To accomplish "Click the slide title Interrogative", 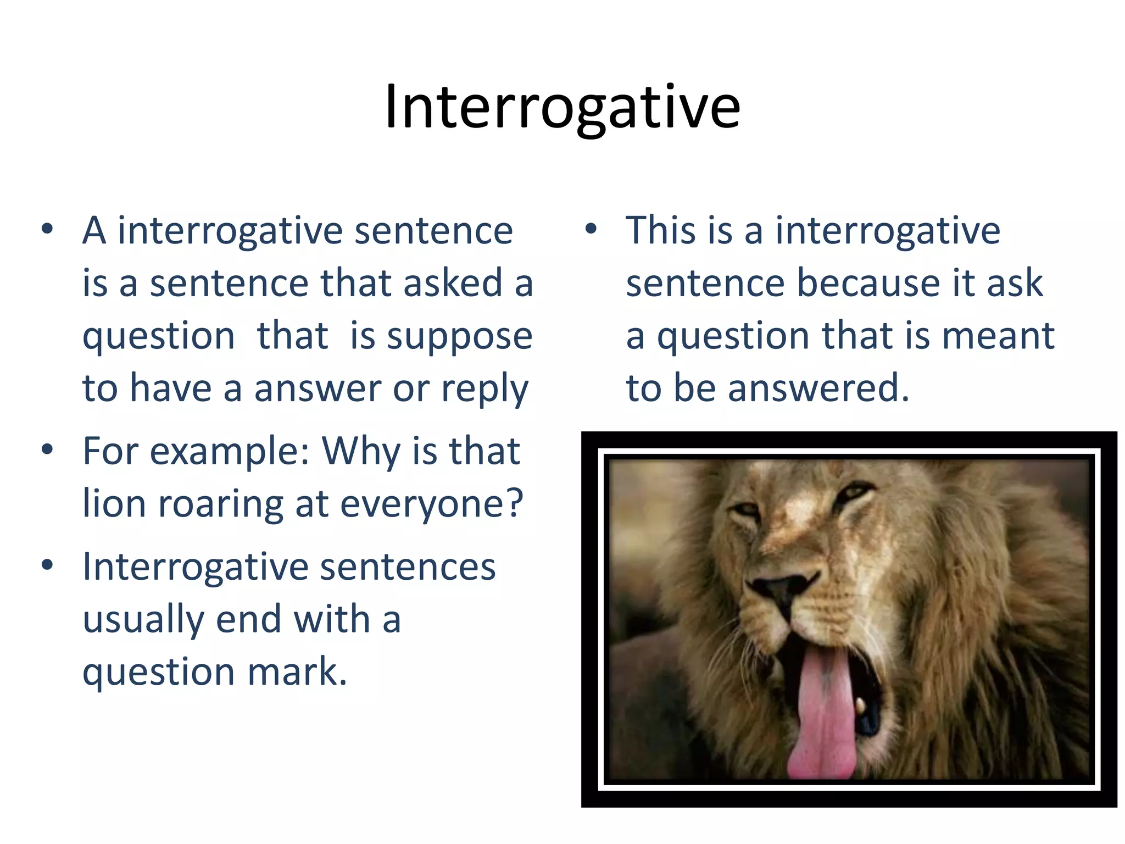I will [562, 107].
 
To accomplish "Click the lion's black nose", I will [780, 591].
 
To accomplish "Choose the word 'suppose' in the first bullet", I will [459, 336].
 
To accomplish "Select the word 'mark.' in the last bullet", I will [297, 671].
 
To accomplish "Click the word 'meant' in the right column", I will [998, 336].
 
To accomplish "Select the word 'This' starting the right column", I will [662, 231].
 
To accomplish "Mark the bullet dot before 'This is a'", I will [591, 230].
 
